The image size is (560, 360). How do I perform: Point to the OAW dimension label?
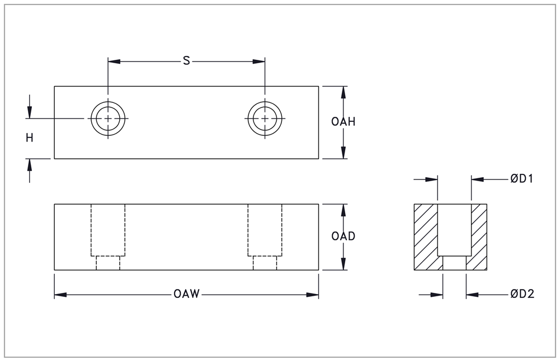pos(186,294)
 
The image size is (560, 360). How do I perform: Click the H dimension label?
pos(30,138)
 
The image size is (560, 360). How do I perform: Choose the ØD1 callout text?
pos(522,179)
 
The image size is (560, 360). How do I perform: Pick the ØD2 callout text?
pos(522,294)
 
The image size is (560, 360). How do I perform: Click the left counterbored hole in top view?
pos(108,119)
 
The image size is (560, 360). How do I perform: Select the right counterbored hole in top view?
pos(265,119)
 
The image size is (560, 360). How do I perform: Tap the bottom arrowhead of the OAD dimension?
pos(343,265)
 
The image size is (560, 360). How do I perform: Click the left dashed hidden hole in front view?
pos(108,235)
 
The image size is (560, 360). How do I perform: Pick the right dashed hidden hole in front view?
pos(265,235)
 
